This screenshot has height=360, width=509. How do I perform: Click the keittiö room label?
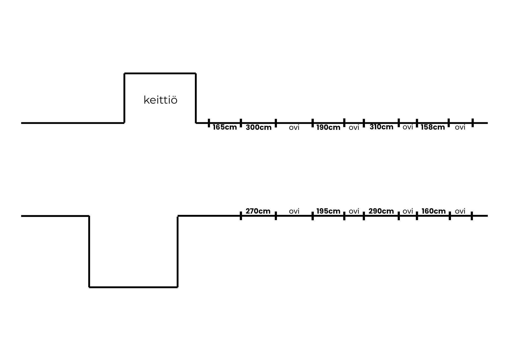pyautogui.click(x=160, y=100)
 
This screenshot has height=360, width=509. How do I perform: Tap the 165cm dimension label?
pyautogui.click(x=225, y=127)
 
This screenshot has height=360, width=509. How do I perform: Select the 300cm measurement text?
pyautogui.click(x=259, y=127)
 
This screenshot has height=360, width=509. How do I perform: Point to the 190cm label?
pyautogui.click(x=328, y=127)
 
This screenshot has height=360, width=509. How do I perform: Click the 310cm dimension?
pyautogui.click(x=381, y=127)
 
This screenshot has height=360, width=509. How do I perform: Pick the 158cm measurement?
pyautogui.click(x=433, y=127)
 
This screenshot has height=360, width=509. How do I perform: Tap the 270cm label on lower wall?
pyautogui.click(x=258, y=211)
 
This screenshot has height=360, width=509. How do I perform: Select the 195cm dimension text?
pyautogui.click(x=328, y=211)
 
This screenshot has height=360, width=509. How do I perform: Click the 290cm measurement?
pyautogui.click(x=381, y=211)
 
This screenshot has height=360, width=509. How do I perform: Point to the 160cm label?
pyautogui.click(x=434, y=211)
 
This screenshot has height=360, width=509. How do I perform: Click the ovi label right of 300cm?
pyautogui.click(x=294, y=128)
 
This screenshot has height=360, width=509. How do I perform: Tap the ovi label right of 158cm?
pyautogui.click(x=460, y=127)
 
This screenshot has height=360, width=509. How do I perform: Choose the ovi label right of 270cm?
pyautogui.click(x=294, y=211)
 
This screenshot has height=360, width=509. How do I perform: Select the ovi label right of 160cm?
pyautogui.click(x=460, y=211)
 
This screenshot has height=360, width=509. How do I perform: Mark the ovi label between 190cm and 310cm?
pyautogui.click(x=354, y=128)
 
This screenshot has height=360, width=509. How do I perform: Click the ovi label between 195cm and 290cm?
pyautogui.click(x=354, y=211)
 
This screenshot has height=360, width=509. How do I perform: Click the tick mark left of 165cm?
pyautogui.click(x=209, y=123)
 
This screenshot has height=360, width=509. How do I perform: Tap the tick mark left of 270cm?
pyautogui.click(x=241, y=216)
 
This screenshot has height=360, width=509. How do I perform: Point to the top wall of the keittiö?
pyautogui.click(x=160, y=73)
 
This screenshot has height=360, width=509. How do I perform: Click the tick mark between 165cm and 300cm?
pyautogui.click(x=241, y=123)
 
